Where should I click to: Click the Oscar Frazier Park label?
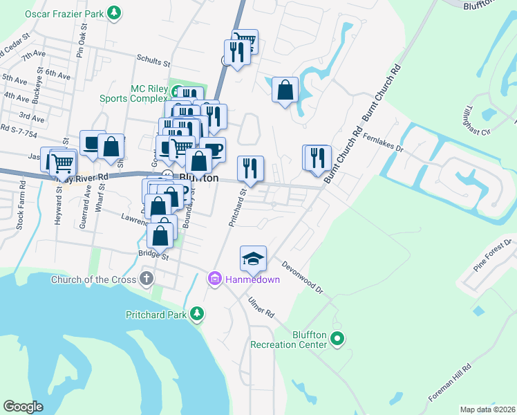click(63, 13)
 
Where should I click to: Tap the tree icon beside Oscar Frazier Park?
click(115, 12)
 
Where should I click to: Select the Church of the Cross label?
click(93, 279)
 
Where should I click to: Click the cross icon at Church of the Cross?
click(146, 279)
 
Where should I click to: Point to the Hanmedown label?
click(250, 279)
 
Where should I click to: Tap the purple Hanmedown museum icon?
click(214, 279)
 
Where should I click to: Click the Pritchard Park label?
click(157, 315)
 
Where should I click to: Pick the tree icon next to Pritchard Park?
click(198, 314)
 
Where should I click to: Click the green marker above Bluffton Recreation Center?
click(337, 339)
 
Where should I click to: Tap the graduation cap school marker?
click(253, 259)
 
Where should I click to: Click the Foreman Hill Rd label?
click(449, 382)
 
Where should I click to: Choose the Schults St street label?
click(153, 62)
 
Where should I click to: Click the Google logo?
click(23, 407)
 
